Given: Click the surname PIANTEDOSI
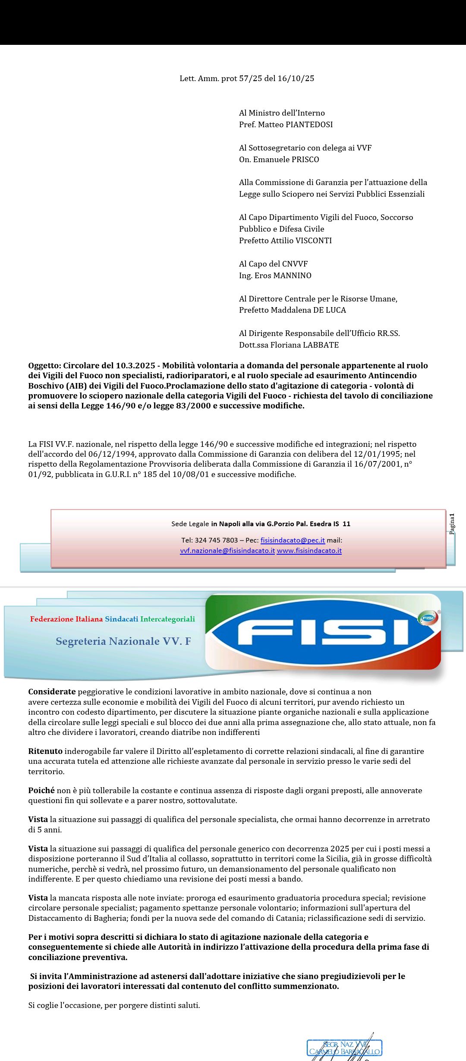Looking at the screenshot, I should [309, 125].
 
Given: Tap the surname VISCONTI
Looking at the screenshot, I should [313, 241].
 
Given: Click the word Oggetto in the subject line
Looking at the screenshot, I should [44, 366].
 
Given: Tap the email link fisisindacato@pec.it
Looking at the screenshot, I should [293, 540].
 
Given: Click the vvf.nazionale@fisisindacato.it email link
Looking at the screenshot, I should [227, 551].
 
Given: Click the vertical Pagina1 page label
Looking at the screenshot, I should [452, 524].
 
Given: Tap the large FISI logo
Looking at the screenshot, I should [323, 631].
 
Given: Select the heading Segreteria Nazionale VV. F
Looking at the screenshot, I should [123, 641].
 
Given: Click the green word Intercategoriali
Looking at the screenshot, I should [167, 619].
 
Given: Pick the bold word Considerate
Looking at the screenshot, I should [52, 692].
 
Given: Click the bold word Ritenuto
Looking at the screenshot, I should [45, 751].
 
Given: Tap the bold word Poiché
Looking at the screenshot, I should [41, 791].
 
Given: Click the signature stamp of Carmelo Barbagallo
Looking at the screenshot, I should [344, 1048].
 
